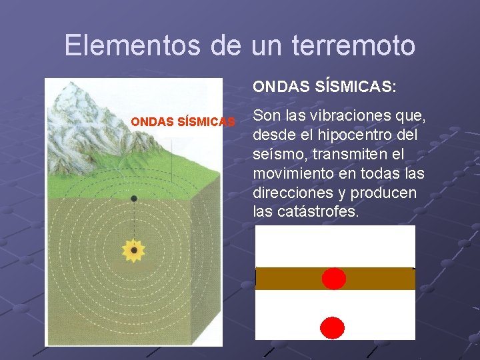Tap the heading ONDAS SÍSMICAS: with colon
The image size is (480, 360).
coord(324,87)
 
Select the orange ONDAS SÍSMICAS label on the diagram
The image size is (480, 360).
coord(183,122)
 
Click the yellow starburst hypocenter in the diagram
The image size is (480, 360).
coord(134,250)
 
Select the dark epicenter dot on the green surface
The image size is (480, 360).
coord(134,199)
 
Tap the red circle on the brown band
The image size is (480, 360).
coord(334,279)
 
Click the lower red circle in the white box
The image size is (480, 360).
coord(333,327)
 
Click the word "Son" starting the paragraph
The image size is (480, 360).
coord(267,116)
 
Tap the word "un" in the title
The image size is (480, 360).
coord(266,45)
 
